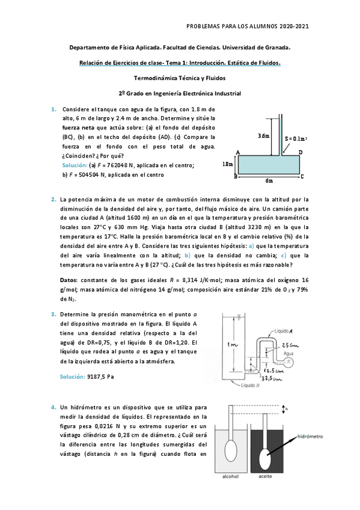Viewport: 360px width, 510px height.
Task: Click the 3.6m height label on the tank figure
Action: point(263,136)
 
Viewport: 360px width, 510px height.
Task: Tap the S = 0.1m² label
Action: point(296,138)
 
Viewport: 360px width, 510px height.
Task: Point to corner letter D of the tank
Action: point(301,152)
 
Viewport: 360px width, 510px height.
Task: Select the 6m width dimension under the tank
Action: point(269,180)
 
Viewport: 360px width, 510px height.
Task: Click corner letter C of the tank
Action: point(302,176)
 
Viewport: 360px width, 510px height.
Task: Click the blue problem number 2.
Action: point(53,199)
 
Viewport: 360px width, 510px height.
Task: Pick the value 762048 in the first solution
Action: point(114,164)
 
